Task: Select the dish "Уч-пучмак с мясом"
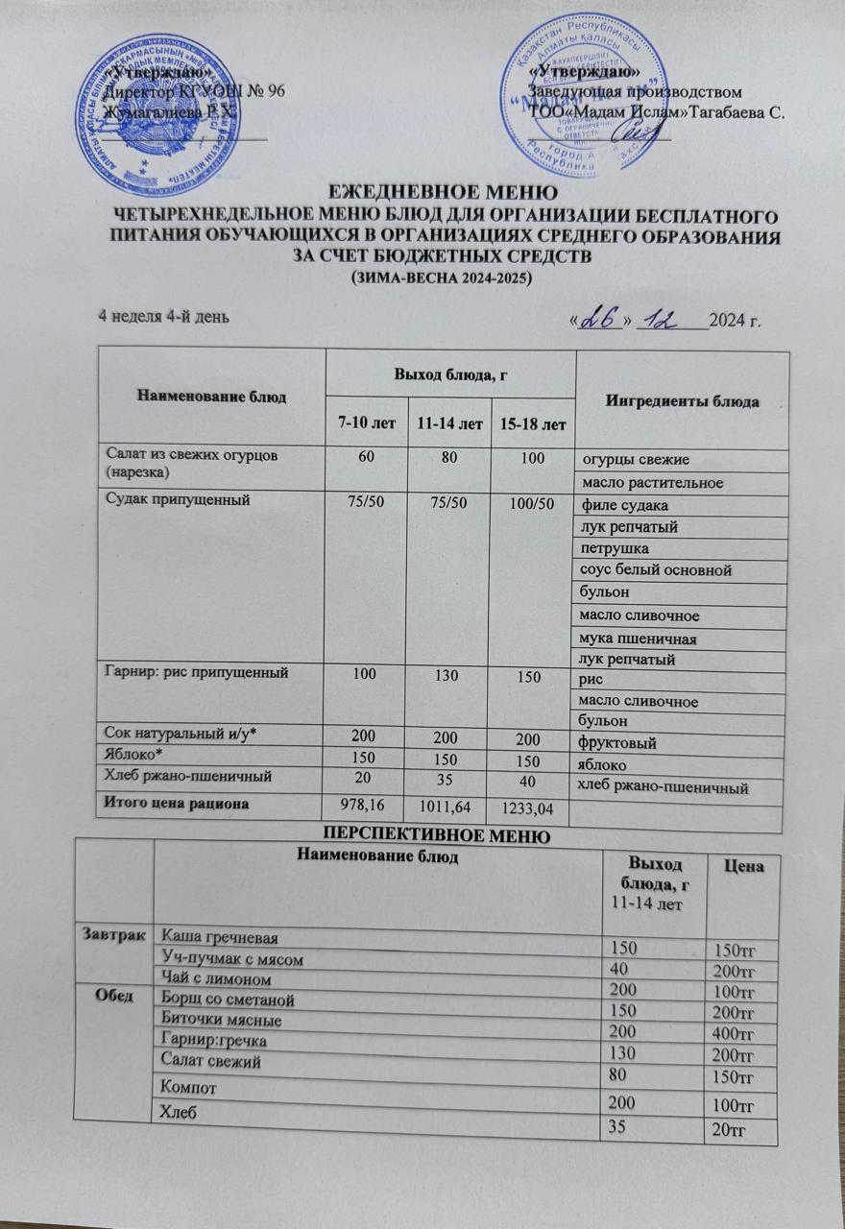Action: point(228,956)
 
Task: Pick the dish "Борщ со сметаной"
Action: point(226,1000)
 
